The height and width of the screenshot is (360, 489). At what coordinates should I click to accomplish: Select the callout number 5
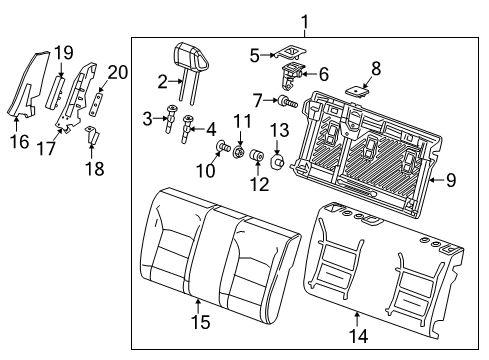[x=255, y=54]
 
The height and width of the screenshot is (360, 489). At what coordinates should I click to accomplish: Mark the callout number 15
[x=200, y=322]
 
